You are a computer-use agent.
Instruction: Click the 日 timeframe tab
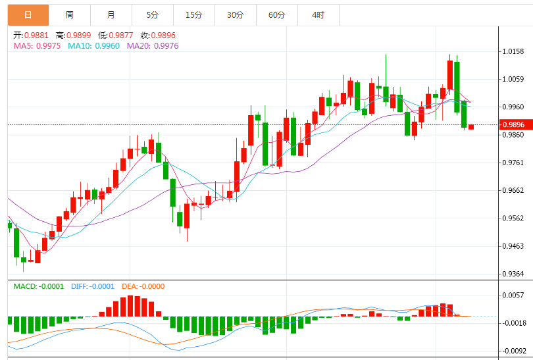click(27, 14)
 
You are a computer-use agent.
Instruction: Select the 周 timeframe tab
click(70, 14)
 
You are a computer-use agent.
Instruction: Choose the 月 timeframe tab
click(111, 14)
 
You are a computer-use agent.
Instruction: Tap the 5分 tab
click(153, 14)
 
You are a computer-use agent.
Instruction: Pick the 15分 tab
click(193, 14)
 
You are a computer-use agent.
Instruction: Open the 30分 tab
click(235, 14)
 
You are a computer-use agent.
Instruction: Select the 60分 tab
click(276, 14)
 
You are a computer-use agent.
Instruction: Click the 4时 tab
click(318, 14)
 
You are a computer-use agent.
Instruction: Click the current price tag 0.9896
click(515, 124)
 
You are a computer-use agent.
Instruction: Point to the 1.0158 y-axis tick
click(514, 51)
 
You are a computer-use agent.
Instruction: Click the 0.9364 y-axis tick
click(514, 274)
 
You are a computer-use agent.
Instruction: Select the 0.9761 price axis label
click(514, 163)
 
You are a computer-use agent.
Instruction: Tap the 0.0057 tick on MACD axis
click(514, 295)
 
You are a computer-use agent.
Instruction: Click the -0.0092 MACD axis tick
click(513, 351)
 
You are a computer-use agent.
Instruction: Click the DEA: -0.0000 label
click(143, 287)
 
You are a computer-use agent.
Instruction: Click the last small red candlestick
click(471, 126)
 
